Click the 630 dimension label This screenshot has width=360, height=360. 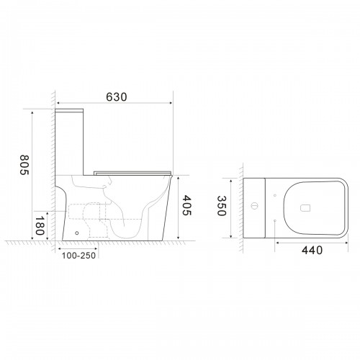point(117,97)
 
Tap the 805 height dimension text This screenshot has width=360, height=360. point(24,165)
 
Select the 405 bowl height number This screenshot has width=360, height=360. point(186,205)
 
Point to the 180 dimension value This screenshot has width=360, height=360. point(40,226)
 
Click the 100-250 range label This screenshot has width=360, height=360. point(79,256)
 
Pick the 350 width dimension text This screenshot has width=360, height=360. point(222,206)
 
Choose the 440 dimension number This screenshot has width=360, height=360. point(312,251)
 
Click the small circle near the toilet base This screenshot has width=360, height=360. point(77,233)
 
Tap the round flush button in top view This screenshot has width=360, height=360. point(254,206)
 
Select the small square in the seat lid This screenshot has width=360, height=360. point(305,208)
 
